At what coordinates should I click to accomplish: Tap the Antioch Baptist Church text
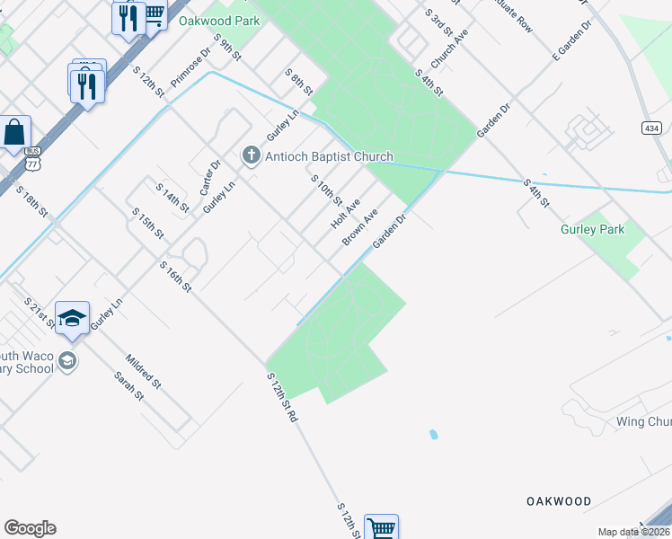tap(329, 156)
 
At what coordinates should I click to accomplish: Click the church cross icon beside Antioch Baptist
tap(252, 156)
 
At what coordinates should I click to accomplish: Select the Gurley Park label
tap(592, 229)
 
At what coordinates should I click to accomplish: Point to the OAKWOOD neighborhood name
tap(559, 501)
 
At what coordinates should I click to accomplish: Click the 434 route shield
tap(653, 128)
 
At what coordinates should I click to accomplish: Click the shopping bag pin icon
tap(15, 133)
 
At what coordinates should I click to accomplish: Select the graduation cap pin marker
tap(72, 318)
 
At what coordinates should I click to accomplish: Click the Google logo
tap(30, 528)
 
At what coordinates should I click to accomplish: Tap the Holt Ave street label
tap(346, 213)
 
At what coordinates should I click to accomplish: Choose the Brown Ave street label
tap(359, 227)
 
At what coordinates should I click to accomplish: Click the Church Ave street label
tap(449, 49)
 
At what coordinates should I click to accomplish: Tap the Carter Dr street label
tap(210, 178)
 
